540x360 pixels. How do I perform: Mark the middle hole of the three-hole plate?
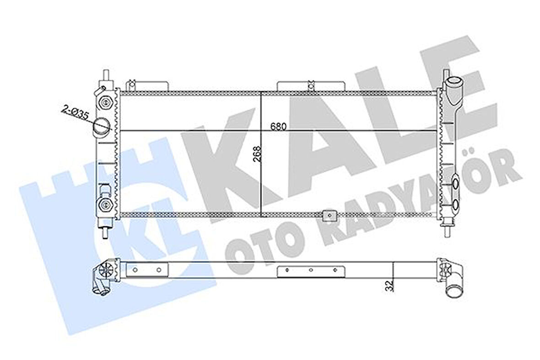[310, 270]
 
